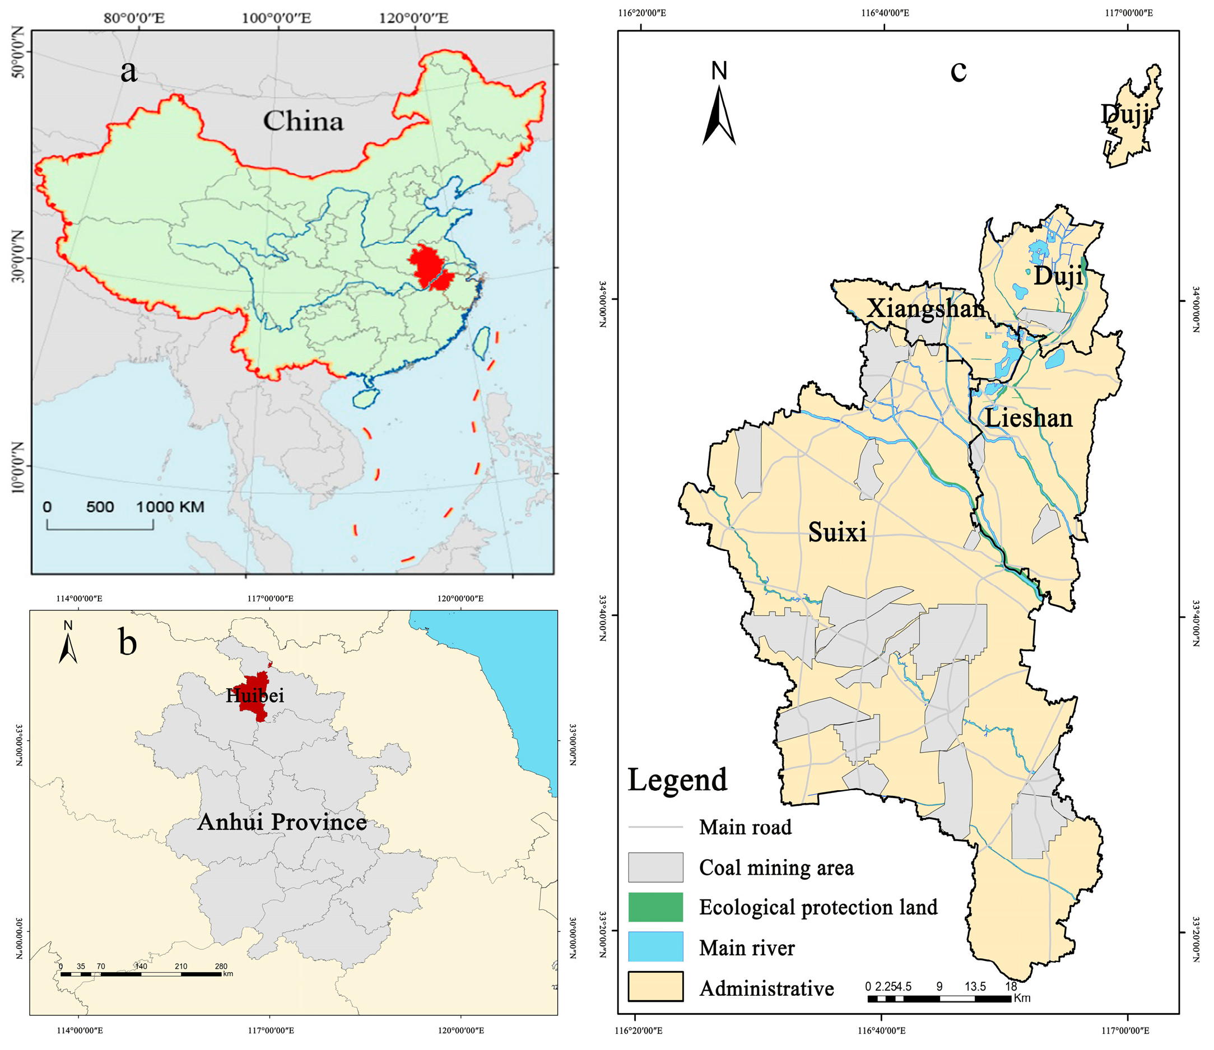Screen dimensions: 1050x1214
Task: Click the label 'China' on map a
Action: pos(303,122)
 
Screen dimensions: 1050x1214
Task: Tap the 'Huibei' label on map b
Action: pos(255,696)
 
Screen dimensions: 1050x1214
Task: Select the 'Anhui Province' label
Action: pos(282,822)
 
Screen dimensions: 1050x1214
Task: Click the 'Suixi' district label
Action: pos(837,532)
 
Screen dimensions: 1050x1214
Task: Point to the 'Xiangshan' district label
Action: pos(925,308)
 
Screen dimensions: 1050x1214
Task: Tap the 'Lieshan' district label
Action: pos(1029,418)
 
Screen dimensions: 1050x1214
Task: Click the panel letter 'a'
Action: pos(128,71)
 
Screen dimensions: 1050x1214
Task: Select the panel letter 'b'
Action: pos(127,642)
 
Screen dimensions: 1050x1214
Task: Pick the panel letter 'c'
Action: pos(958,71)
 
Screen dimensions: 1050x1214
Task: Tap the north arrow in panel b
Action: pos(68,647)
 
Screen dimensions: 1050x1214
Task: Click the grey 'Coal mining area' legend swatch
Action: pos(655,867)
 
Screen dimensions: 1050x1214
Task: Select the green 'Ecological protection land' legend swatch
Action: pos(655,907)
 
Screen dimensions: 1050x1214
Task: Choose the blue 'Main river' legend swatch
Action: pos(655,947)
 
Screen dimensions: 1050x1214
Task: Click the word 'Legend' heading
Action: pos(678,781)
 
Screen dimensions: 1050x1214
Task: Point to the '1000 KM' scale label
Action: pos(170,507)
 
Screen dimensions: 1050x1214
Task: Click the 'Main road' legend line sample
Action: pos(655,827)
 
